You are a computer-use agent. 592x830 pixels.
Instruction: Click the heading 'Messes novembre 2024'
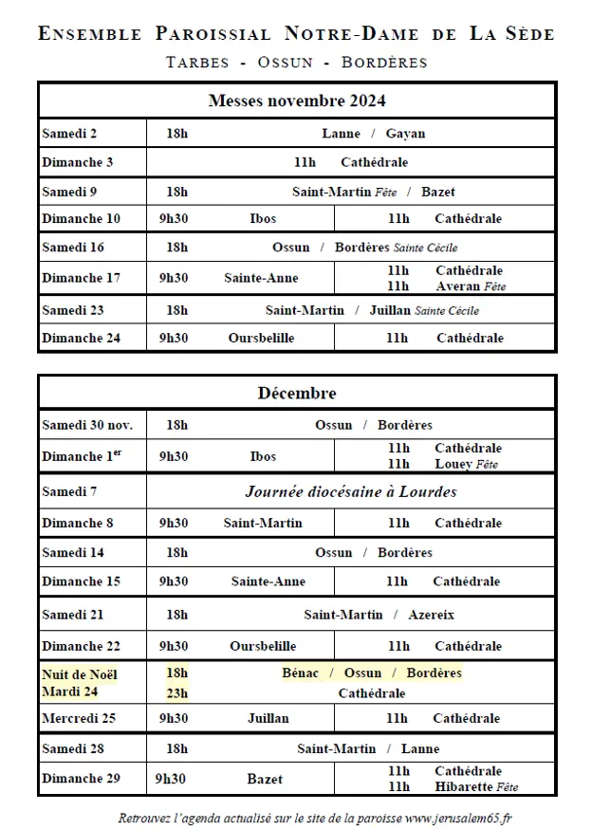click(296, 101)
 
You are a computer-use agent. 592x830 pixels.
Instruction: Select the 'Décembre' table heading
click(296, 393)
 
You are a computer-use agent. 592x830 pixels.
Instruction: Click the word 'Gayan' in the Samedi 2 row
click(405, 134)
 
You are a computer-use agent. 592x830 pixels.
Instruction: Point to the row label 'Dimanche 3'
click(78, 162)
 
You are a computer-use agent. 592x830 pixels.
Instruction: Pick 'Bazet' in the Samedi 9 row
click(437, 192)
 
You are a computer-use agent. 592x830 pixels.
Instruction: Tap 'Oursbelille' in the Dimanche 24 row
click(261, 338)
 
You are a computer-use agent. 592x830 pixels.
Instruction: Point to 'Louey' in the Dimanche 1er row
click(453, 465)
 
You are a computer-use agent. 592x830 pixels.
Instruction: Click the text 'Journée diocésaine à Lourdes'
click(351, 491)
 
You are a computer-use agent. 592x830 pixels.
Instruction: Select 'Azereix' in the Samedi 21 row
click(431, 615)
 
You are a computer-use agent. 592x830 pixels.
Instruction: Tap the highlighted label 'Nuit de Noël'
click(80, 673)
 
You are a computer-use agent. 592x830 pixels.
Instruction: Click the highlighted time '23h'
click(176, 692)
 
